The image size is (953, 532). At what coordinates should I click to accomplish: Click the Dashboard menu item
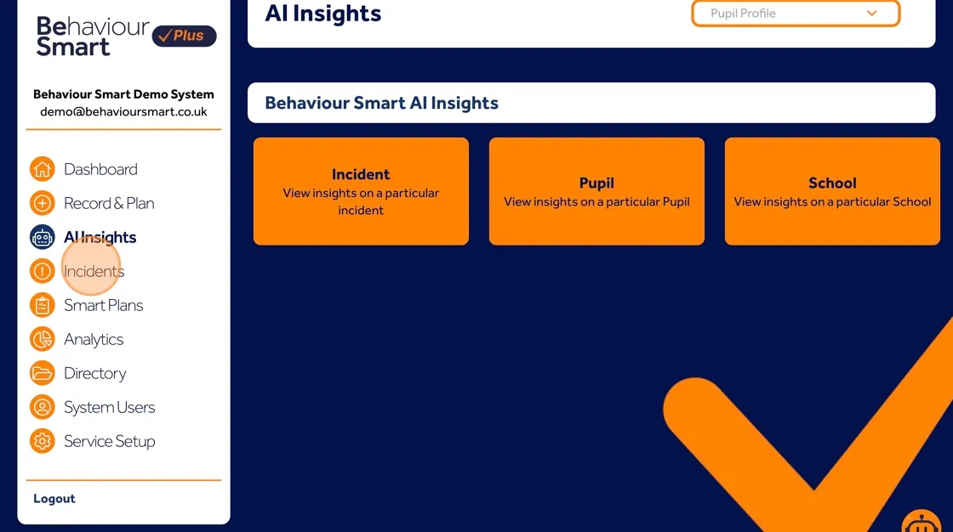[x=100, y=169]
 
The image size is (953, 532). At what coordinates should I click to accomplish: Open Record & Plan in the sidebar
[x=109, y=203]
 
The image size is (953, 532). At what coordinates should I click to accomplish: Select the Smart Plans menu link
[x=103, y=305]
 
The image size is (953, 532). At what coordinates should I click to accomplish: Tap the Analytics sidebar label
[x=94, y=339]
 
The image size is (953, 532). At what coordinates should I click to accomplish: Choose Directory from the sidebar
[x=94, y=373]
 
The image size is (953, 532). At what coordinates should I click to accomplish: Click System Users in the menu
[x=109, y=407]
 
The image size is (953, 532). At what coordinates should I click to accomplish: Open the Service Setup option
[x=109, y=441]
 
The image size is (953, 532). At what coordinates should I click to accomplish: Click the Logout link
[x=54, y=499]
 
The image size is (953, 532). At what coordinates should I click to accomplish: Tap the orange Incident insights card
[x=361, y=191]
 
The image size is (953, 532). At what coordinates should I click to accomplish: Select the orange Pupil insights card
[x=596, y=191]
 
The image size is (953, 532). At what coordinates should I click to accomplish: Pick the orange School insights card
[x=832, y=191]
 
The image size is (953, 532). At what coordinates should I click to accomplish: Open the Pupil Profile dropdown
[x=796, y=14]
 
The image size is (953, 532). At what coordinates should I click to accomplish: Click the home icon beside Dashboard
[x=42, y=169]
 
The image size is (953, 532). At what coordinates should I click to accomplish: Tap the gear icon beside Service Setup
[x=42, y=441]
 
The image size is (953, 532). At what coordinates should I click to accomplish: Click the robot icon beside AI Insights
[x=42, y=237]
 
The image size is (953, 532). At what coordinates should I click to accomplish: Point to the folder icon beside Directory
[x=42, y=373]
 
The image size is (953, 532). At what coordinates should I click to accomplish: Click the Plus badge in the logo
[x=184, y=36]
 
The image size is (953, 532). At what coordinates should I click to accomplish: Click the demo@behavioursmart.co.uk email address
[x=123, y=111]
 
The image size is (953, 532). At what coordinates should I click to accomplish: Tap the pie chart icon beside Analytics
[x=42, y=339]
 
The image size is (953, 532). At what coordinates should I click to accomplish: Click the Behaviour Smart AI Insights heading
[x=381, y=103]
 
